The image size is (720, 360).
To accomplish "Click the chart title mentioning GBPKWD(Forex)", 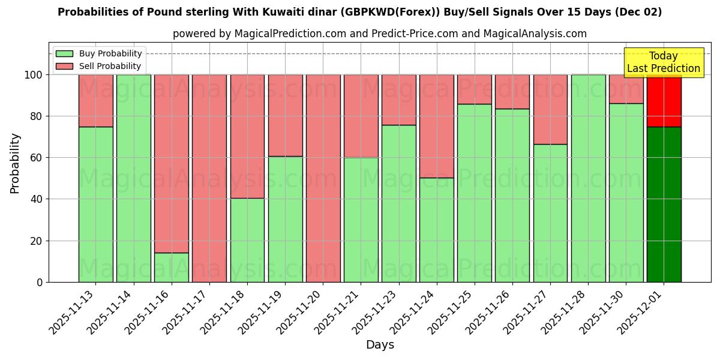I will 360,12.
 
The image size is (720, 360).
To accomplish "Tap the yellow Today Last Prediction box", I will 664,62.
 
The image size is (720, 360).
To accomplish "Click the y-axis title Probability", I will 15,163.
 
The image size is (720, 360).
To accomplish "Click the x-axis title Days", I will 380,345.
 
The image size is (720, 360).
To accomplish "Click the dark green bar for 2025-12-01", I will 664,204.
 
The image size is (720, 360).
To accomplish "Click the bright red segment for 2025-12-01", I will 664,101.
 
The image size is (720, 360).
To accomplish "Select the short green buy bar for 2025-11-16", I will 172,268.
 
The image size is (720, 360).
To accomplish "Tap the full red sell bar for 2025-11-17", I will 209,178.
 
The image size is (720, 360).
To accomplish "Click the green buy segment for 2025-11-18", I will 247,240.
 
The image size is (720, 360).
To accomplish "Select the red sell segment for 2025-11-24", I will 437,126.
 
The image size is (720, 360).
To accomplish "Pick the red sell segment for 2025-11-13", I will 96,101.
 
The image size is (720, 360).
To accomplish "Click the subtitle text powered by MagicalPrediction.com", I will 380,34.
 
